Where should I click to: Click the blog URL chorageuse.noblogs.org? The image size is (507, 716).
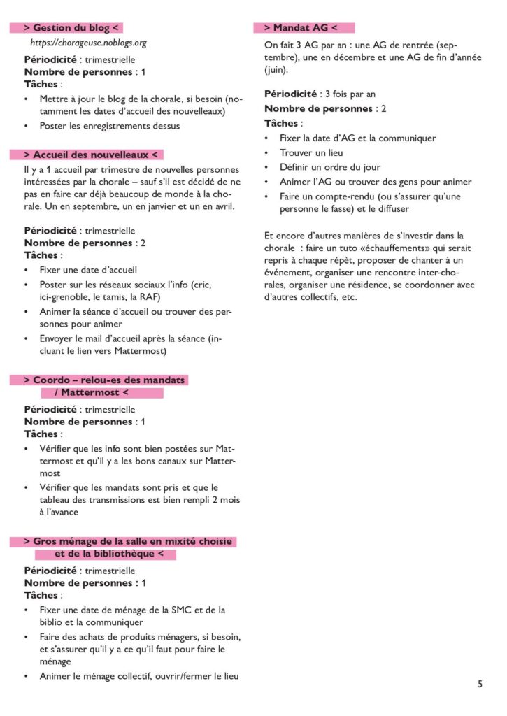[x=88, y=43]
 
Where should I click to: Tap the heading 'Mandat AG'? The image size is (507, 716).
[x=305, y=28]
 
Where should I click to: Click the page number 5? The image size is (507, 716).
[x=480, y=685]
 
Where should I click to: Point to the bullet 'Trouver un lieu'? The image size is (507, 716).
[x=311, y=152]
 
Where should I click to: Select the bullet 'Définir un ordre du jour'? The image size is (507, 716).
[x=330, y=167]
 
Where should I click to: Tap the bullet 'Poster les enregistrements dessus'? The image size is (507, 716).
[x=110, y=126]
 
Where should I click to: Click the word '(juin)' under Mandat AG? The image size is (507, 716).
[x=276, y=70]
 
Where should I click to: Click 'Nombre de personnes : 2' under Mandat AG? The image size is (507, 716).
[x=325, y=108]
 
